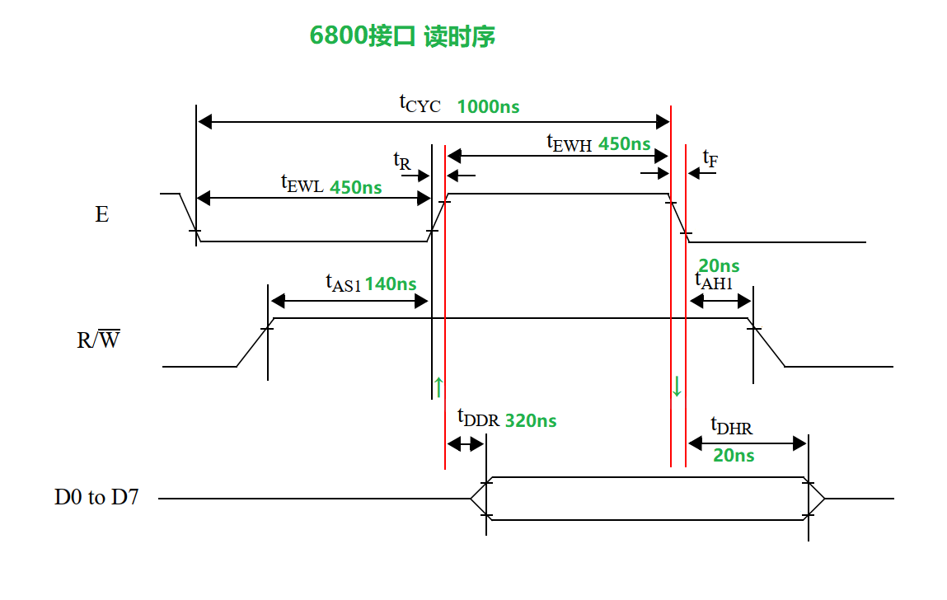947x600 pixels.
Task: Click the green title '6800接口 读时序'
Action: [x=402, y=36]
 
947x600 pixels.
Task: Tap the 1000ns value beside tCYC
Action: [x=488, y=107]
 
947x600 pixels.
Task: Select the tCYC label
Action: [x=420, y=104]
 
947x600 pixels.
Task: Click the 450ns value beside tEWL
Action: [x=355, y=187]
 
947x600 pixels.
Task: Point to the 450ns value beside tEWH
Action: [x=624, y=143]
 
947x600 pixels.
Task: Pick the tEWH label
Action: [x=570, y=143]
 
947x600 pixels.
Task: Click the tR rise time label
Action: [x=401, y=160]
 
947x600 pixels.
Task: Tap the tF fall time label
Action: [x=709, y=157]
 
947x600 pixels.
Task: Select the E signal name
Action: [x=102, y=215]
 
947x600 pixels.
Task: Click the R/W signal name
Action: [x=98, y=339]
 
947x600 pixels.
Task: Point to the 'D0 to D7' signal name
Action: [x=96, y=498]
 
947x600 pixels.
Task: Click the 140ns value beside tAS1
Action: [x=390, y=284]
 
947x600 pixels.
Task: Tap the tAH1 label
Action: [x=714, y=281]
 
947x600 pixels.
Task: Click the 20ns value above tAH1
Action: [x=719, y=265]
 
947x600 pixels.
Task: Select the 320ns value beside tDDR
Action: [x=530, y=420]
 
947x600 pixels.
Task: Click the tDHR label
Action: [x=731, y=426]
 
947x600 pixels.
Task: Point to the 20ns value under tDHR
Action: [x=734, y=455]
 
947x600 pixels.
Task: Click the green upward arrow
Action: [x=438, y=386]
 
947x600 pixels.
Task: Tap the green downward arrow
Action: [x=677, y=386]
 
